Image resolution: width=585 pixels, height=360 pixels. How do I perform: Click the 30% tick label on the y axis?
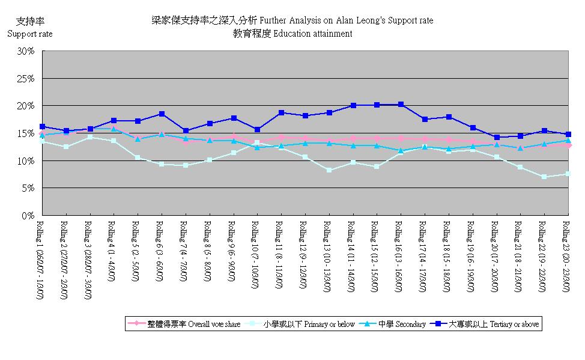(26, 51)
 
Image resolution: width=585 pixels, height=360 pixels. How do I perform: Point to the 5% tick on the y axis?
(28, 188)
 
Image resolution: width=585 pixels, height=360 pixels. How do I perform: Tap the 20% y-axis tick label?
(26, 106)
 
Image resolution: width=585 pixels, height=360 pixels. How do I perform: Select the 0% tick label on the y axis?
(28, 215)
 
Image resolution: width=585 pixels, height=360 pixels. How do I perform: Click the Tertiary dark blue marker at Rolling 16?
(401, 105)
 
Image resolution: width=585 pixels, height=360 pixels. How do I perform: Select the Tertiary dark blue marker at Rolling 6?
(162, 114)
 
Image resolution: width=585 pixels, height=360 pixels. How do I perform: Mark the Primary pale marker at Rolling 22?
(544, 177)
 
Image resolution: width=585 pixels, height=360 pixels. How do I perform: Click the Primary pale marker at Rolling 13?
(329, 170)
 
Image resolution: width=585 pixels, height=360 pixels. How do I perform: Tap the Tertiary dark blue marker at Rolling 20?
(496, 137)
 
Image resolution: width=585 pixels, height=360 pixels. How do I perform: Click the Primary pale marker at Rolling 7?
(186, 165)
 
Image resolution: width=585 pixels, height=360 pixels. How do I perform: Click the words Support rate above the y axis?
(29, 34)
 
